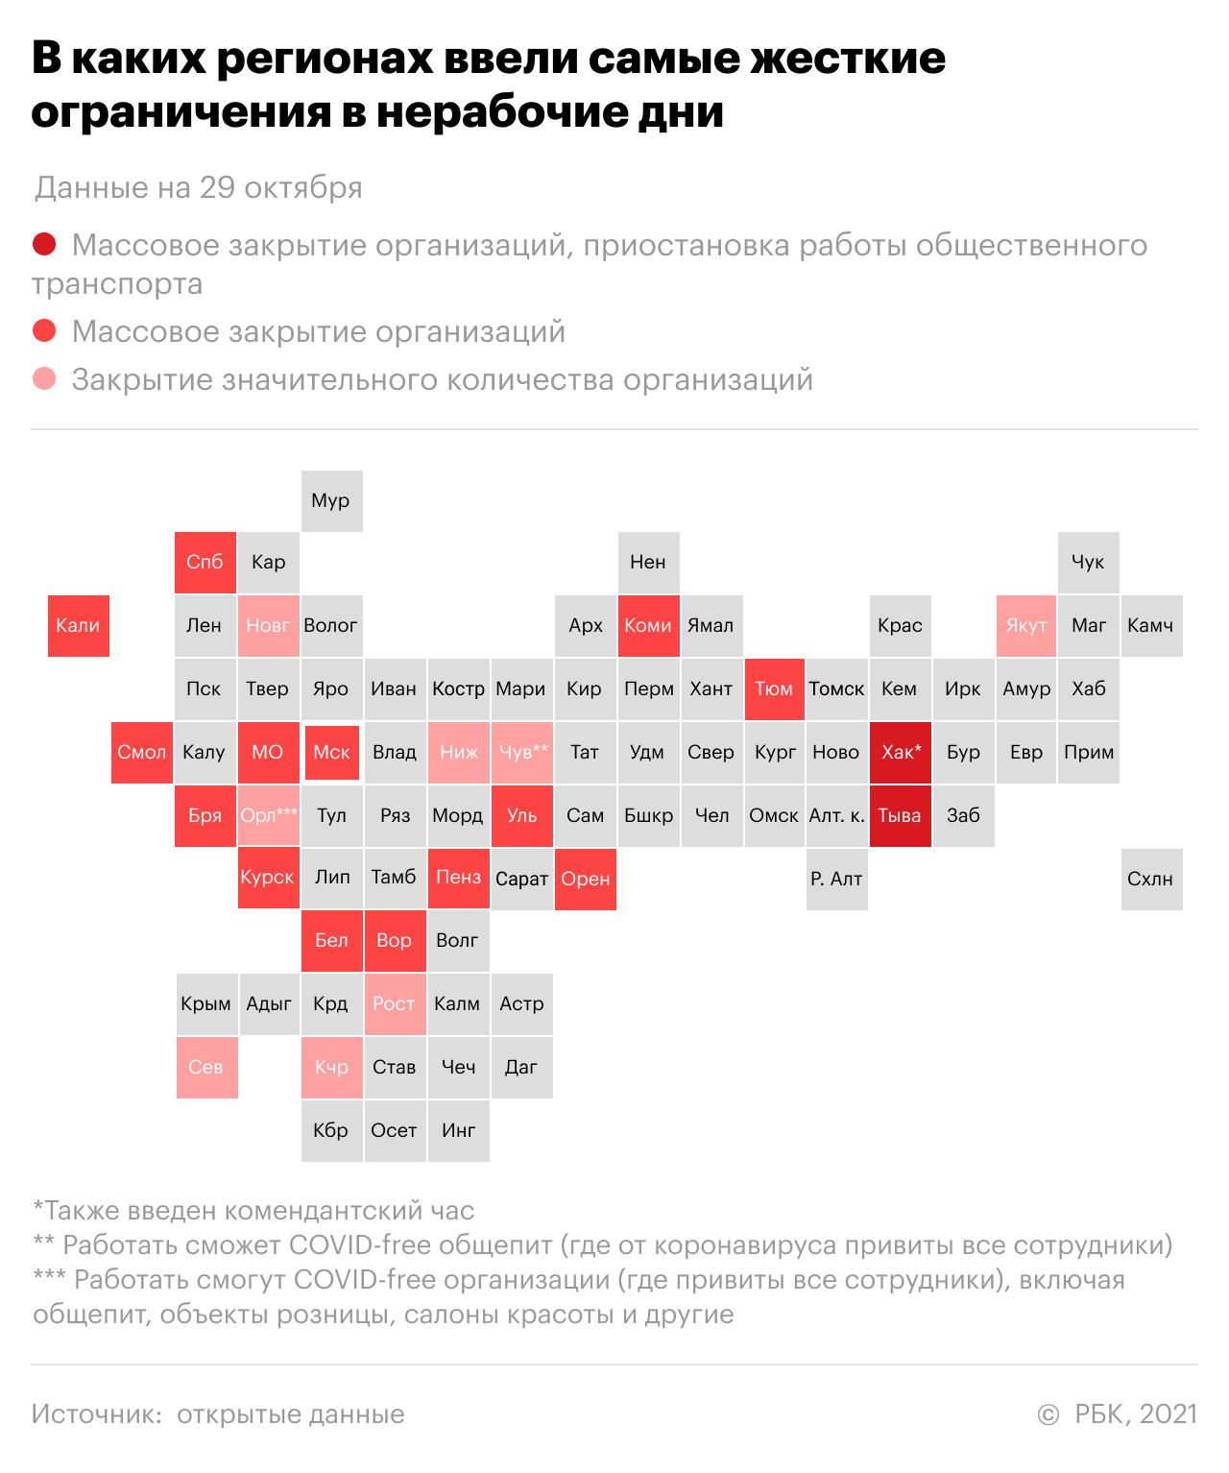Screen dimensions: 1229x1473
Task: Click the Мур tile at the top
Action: (331, 501)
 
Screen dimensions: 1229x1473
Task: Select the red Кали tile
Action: (79, 626)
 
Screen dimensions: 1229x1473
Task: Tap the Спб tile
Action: (205, 563)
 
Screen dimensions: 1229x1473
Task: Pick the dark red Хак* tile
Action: (901, 753)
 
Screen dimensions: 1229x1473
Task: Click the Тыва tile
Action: (901, 816)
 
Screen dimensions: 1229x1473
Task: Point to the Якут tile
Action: (1026, 626)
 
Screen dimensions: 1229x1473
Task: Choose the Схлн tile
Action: (1152, 879)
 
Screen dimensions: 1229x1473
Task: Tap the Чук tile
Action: (1089, 563)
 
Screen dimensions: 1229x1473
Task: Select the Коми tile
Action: (649, 626)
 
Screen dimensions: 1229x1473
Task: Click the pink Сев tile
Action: (207, 1068)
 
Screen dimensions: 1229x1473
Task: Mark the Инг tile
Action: (459, 1131)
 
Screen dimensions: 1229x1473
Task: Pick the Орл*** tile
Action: (269, 816)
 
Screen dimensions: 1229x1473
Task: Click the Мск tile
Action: (332, 753)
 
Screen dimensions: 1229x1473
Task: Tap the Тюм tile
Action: (775, 689)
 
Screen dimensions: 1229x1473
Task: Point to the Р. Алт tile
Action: (837, 879)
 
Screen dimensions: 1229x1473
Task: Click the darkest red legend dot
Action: (44, 244)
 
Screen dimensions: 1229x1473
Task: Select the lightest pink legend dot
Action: (44, 378)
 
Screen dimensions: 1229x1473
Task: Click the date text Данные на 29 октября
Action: (199, 188)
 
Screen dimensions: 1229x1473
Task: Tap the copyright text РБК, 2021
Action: (1136, 1413)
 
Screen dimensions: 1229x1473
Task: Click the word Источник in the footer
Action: (97, 1414)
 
